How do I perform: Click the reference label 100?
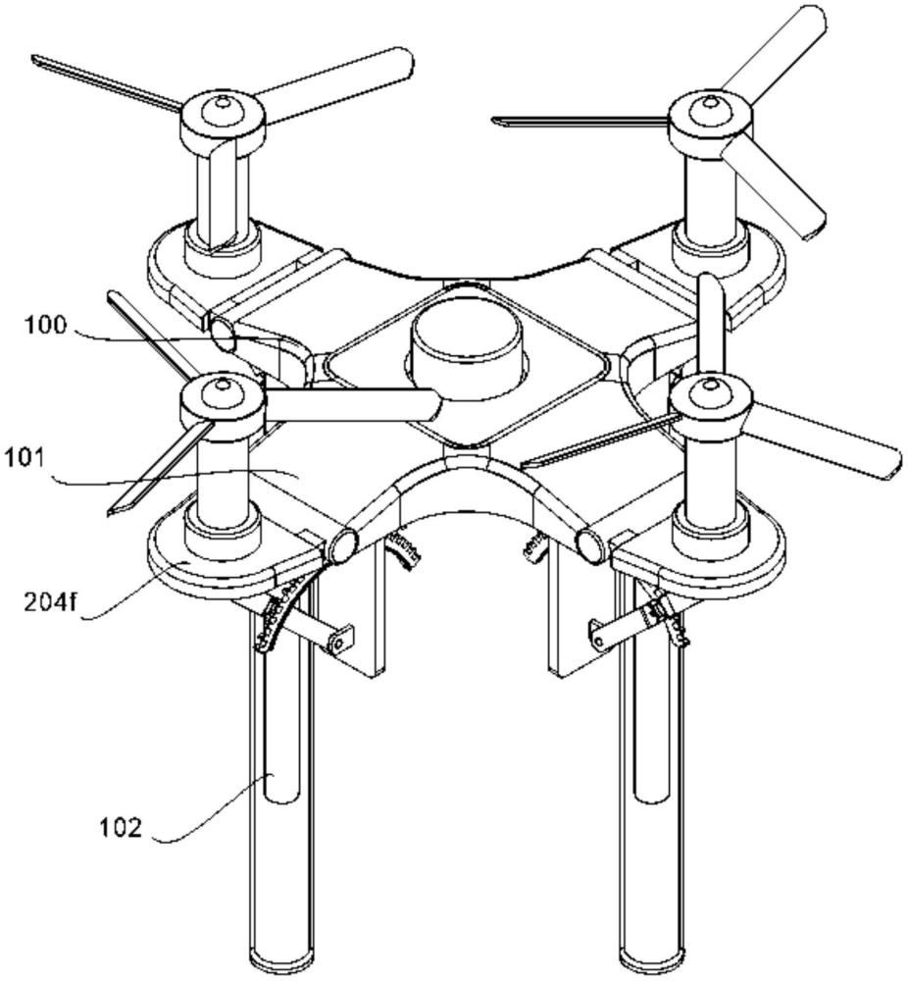pos(45,326)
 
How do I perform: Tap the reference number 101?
pos(25,458)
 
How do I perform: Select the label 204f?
pos(50,602)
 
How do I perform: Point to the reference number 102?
pos(122,827)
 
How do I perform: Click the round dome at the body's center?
pos(467,352)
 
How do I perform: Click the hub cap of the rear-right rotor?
pos(709,109)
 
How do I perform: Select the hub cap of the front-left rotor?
pos(222,393)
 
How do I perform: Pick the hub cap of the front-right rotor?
pos(709,393)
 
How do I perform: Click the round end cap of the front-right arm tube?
pos(591,543)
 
